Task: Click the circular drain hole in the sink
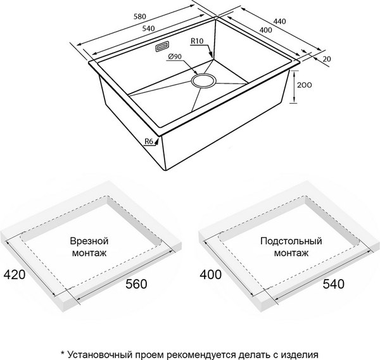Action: (204, 80)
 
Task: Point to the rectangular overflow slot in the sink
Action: (162, 47)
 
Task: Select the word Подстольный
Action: (291, 241)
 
